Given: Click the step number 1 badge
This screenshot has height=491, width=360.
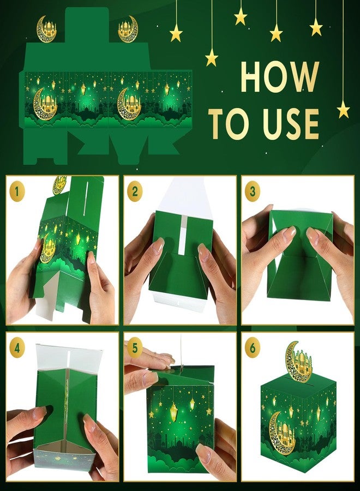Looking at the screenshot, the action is [17, 191].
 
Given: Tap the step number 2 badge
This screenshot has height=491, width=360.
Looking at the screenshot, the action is [135, 191].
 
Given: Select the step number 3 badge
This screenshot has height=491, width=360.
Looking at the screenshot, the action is [253, 191].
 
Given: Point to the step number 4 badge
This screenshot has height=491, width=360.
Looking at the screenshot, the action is [17, 348].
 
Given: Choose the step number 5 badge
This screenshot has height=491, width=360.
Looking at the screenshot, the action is [135, 348].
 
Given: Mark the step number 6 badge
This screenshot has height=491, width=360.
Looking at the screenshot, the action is [253, 348].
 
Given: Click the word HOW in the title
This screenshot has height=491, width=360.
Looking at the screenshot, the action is [280, 77].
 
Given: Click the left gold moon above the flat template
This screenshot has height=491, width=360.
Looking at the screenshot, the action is [47, 29].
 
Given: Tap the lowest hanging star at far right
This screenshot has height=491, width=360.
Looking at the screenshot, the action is [344, 110].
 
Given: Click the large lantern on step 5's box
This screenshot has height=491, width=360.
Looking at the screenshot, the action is [173, 410].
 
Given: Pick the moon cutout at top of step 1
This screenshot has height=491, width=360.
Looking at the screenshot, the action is [59, 185].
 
